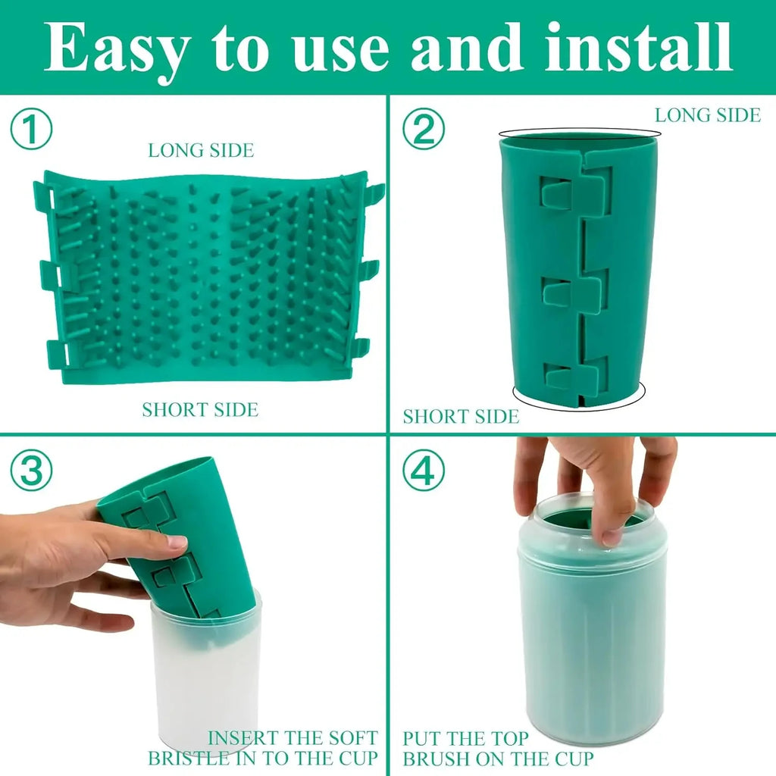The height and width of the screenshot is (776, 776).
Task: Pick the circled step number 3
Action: pyautogui.click(x=31, y=471)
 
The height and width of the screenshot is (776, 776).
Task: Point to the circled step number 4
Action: pyautogui.click(x=423, y=471)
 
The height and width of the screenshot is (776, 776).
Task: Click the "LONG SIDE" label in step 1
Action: pyautogui.click(x=201, y=150)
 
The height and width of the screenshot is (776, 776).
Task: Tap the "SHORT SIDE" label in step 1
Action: pyautogui.click(x=200, y=410)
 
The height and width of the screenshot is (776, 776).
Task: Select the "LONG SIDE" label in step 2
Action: pyautogui.click(x=707, y=115)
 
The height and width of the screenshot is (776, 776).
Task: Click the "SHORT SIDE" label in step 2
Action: pyautogui.click(x=461, y=416)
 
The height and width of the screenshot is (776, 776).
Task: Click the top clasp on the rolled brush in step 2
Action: pyautogui.click(x=576, y=190)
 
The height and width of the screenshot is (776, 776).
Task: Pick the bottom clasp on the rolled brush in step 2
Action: pyautogui.click(x=576, y=374)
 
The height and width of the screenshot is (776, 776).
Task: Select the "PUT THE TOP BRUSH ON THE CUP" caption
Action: pyautogui.click(x=498, y=747)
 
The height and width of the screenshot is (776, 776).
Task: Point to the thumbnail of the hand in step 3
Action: pyautogui.click(x=176, y=542)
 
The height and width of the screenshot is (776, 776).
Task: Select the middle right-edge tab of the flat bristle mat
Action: pyautogui.click(x=368, y=269)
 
